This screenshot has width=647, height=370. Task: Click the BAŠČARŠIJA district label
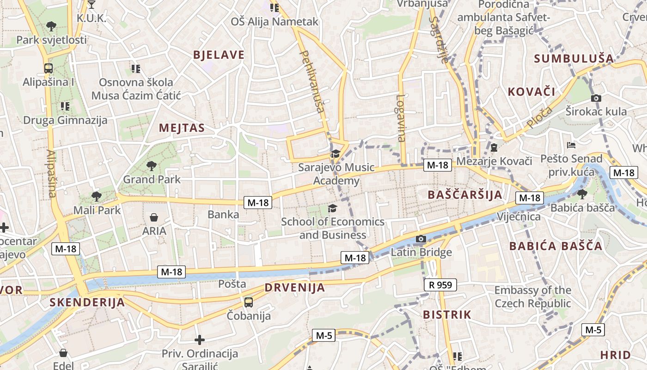point(464,195)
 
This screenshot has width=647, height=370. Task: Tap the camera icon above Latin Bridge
point(421,239)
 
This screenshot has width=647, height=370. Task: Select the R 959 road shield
point(440,285)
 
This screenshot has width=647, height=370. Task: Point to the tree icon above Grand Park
point(151,166)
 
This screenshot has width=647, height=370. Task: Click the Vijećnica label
point(519,216)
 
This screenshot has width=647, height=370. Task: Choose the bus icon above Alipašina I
point(48,68)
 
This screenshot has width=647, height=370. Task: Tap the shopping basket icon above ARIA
point(154,217)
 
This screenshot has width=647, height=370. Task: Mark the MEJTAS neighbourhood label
point(182,128)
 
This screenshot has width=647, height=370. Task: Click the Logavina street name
point(401,118)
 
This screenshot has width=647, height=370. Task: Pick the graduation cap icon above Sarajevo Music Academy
point(335,154)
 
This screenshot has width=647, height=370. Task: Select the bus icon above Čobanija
point(249,302)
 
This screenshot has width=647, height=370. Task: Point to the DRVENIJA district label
point(295,288)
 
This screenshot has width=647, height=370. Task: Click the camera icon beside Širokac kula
point(596,98)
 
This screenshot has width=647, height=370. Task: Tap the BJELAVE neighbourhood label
point(219,55)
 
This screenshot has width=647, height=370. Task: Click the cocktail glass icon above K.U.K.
point(91,5)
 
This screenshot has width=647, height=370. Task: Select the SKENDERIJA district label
point(87,302)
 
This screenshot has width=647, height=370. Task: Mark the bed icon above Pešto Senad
point(571,145)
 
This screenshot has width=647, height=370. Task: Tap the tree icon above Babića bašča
point(582,194)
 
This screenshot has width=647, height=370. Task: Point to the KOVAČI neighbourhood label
point(531,92)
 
